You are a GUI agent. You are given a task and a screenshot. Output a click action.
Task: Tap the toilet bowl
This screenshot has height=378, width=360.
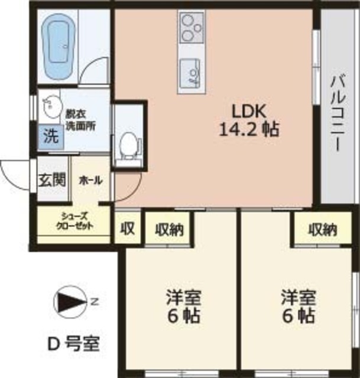point(128,144)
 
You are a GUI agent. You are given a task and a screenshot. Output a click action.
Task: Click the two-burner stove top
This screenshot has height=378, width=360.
point(190,27)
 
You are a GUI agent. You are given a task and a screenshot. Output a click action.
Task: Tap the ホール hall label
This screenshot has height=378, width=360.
point(90,180)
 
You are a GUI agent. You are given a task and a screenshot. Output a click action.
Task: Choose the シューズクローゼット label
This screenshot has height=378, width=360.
point(73,221)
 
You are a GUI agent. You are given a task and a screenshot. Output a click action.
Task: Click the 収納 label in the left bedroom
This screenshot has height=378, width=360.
point(168,229)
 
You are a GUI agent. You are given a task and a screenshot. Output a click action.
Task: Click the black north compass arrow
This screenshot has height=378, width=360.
point(70,303)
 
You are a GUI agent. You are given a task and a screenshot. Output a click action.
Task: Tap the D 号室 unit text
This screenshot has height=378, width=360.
point(73,341)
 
